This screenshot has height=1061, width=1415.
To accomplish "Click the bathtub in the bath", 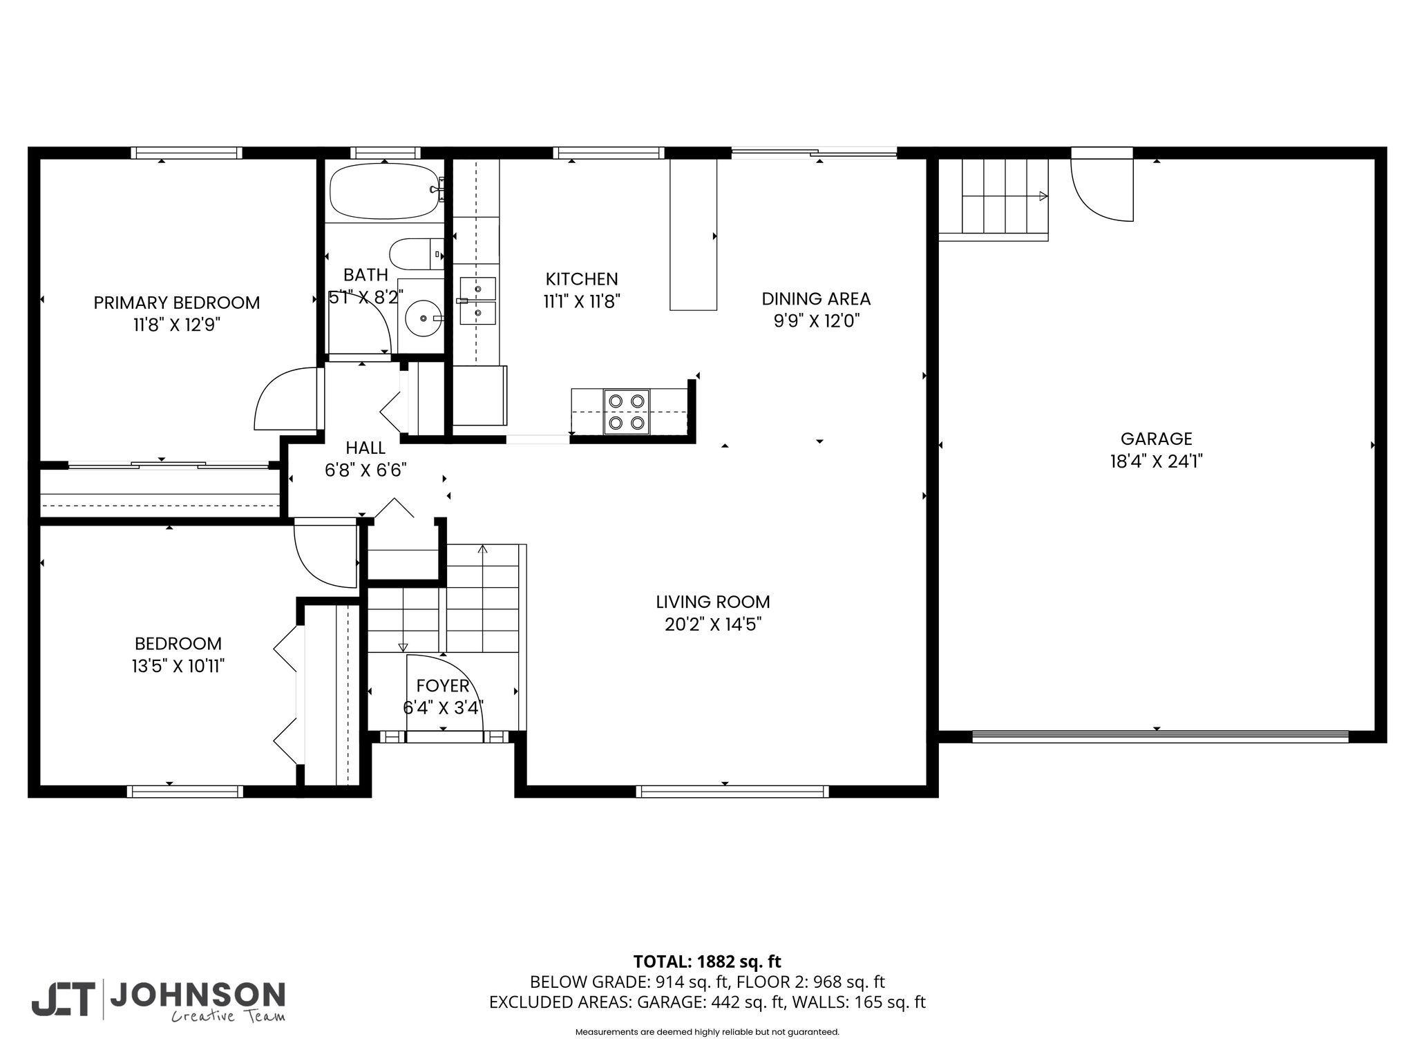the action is point(386,191).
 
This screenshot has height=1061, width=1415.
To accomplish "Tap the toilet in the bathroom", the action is point(417,254).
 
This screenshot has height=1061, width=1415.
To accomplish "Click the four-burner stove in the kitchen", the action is point(627,412).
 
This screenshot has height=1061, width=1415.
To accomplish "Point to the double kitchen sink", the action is point(478,300).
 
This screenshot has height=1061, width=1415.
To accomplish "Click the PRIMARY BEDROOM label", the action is point(177,303).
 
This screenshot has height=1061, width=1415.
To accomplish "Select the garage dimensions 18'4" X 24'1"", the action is point(1157,461).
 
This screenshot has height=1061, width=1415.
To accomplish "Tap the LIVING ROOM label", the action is point(713,602).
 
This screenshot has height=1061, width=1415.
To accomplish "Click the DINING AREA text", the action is point(816,298).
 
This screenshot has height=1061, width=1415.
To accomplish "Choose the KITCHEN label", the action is point(582,278).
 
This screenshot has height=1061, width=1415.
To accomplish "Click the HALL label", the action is point(365,447).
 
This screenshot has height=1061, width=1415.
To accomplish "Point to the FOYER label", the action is point(443,685).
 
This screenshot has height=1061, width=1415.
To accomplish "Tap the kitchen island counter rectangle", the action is point(694,234).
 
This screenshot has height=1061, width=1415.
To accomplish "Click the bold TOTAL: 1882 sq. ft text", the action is point(707,962).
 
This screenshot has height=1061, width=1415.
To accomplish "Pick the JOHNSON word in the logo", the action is point(198,995).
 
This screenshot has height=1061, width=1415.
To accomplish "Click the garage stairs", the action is point(994,199).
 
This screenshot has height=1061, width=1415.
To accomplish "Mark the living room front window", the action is point(732,792).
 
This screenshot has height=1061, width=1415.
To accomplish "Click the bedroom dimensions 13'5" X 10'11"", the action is point(178,666).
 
